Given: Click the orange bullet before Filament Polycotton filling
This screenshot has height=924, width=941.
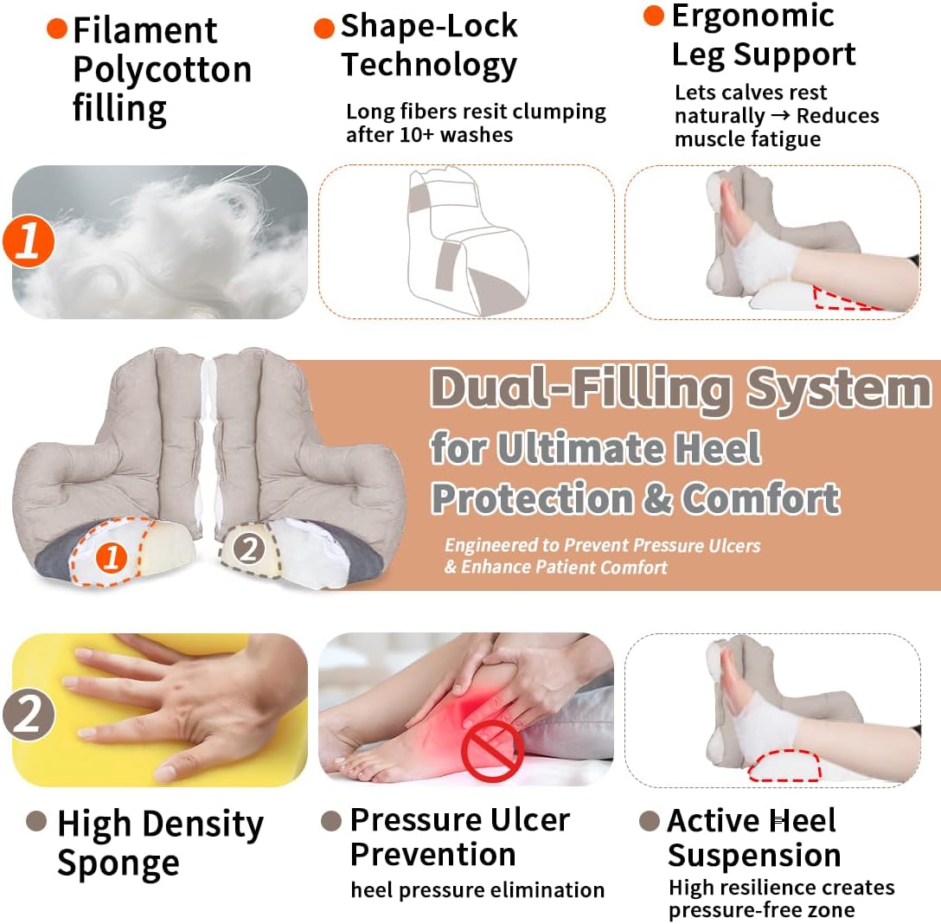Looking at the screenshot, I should click(56, 29).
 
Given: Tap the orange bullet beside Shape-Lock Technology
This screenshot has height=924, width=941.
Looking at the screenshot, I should click(324, 29).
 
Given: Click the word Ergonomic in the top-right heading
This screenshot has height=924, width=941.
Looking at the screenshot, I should click(752, 16).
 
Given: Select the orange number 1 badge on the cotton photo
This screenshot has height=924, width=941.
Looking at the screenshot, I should click(29, 241).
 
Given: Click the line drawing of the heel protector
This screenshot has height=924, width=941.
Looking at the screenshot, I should click(467, 240).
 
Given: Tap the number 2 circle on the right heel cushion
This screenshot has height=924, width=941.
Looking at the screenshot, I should click(250, 548).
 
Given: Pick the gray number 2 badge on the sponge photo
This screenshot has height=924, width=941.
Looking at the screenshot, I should click(29, 715).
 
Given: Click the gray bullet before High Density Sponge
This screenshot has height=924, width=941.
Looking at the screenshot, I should click(36, 821).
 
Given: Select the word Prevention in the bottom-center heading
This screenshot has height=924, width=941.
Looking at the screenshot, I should click(432, 855).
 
